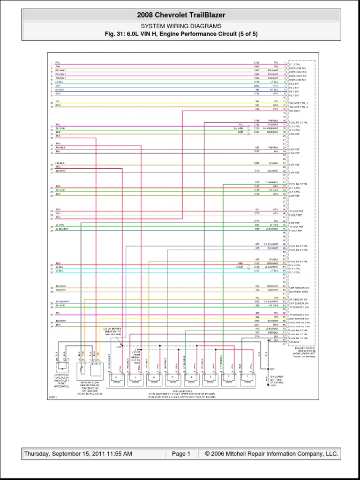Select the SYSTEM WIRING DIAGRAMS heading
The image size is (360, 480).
pos(181,26)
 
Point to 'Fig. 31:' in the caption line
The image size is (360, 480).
pos(116,34)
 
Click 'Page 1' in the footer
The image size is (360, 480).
pos(181,454)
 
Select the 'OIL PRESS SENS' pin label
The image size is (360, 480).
pos(298,291)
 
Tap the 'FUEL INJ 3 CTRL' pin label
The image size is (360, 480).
pos(299,122)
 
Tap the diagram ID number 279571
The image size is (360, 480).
pos(53,397)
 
